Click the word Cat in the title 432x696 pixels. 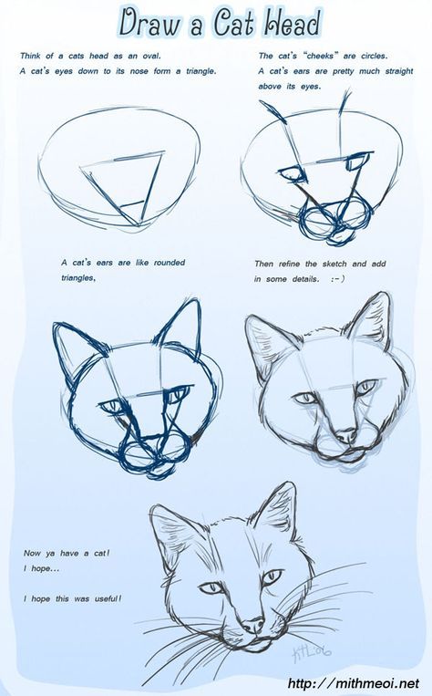(x=233, y=23)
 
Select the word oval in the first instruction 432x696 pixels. (x=151, y=56)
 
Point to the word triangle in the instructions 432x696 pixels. (x=201, y=71)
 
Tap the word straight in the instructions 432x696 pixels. (x=399, y=71)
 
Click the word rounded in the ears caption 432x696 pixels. (x=170, y=263)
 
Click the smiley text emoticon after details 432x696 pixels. (x=337, y=279)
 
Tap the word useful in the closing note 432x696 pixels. (x=107, y=598)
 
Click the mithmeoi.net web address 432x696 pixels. (x=354, y=683)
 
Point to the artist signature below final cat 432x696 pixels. (x=312, y=652)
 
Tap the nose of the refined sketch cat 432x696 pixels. (x=346, y=435)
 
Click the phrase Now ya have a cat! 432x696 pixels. (x=67, y=553)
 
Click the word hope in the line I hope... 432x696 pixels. (x=41, y=568)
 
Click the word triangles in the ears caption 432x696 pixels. (x=78, y=278)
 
